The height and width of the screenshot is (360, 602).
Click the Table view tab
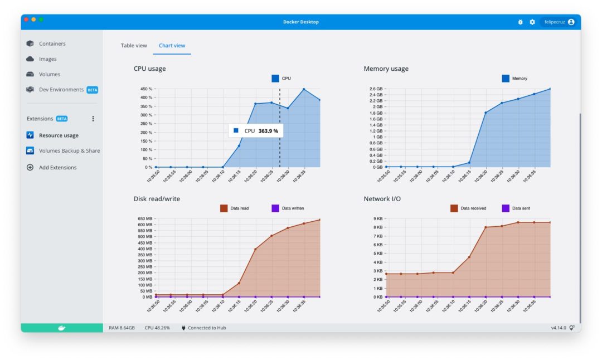pos(134,46)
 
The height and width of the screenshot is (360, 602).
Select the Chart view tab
pos(172,46)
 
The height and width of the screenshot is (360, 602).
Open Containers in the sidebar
pos(52,43)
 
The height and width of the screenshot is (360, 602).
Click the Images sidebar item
pos(47,59)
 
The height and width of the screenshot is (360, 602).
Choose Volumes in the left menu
pos(49,74)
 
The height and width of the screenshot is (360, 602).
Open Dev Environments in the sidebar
pos(61,90)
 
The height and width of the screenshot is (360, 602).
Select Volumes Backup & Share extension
pos(69,150)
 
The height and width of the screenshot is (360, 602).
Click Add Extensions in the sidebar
pos(57,167)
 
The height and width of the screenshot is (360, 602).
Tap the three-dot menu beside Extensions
pos(93,119)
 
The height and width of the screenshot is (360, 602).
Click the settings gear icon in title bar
pos(532,22)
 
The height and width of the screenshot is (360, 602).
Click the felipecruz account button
pos(559,22)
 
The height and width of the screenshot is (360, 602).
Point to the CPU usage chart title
pos(149,69)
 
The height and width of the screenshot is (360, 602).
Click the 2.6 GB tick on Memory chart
pos(375,89)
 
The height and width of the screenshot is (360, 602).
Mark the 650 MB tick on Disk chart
pos(144,219)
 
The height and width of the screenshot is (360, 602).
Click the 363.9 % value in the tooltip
pos(268,131)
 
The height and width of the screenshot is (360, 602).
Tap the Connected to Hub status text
pos(206,328)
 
